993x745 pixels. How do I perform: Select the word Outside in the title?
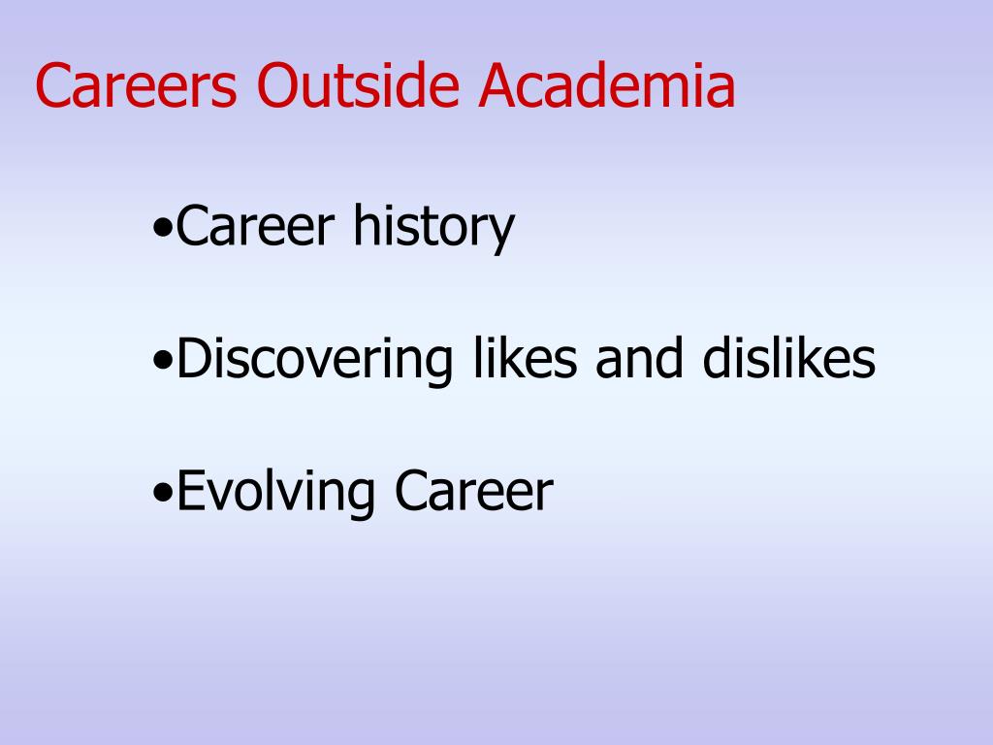coord(359,86)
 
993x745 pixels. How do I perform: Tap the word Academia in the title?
coord(606,86)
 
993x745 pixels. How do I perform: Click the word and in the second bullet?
coord(635,359)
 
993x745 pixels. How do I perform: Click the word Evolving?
coord(276,492)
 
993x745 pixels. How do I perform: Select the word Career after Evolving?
coord(473,490)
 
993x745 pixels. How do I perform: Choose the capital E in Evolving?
coord(190,490)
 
